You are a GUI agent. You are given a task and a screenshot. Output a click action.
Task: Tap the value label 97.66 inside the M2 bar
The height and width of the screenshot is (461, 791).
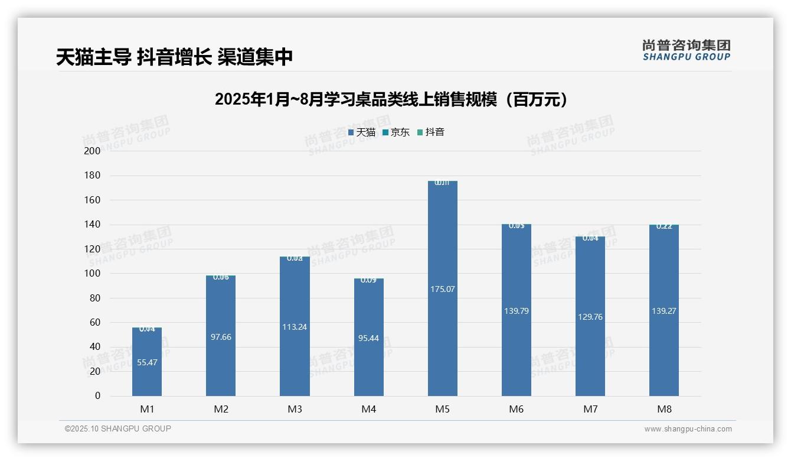[221, 337]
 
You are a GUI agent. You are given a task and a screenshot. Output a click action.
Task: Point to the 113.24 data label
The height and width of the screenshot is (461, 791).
[295, 327]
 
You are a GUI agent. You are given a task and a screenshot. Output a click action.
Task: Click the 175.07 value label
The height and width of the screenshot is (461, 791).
[442, 289]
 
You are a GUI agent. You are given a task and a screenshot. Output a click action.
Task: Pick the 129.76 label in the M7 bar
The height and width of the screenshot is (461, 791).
[590, 317]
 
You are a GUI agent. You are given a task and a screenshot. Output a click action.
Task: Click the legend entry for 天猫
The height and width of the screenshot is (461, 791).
[362, 132]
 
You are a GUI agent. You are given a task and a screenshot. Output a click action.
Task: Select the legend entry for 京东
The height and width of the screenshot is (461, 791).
[396, 132]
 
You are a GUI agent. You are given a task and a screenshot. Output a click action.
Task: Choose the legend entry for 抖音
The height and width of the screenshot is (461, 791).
[431, 132]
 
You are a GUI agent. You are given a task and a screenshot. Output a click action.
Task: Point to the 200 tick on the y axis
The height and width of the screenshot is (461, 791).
[93, 151]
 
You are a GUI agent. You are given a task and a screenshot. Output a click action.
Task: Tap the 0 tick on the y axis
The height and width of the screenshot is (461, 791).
[97, 396]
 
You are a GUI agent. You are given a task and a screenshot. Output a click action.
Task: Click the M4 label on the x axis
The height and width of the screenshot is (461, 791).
[368, 409]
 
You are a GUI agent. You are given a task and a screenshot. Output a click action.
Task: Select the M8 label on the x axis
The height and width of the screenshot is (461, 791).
[663, 409]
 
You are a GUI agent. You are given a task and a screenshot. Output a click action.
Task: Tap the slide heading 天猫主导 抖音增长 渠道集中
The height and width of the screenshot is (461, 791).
[175, 57]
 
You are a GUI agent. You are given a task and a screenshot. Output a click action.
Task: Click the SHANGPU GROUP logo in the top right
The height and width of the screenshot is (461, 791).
[686, 50]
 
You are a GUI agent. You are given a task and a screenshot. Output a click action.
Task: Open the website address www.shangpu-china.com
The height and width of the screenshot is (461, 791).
[688, 429]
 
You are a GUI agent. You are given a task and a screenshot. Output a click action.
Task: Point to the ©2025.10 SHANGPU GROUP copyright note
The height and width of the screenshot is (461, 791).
[118, 428]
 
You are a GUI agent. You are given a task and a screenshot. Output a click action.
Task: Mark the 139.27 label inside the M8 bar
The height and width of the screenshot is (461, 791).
[663, 311]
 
